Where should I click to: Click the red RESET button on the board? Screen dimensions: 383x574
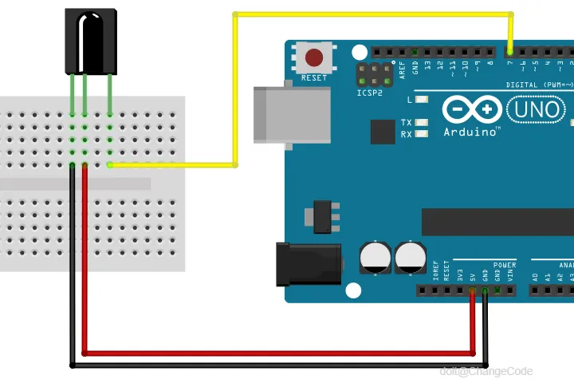tap(314, 57)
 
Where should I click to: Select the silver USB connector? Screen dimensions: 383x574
tap(291, 115)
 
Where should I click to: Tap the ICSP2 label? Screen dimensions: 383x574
tap(369, 93)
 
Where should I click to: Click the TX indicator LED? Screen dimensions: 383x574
tap(423, 123)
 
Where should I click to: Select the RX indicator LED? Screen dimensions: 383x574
tap(423, 134)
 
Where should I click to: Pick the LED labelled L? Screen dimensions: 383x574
tap(423, 100)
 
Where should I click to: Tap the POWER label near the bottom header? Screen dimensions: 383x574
tap(505, 264)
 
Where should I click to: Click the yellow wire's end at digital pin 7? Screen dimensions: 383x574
tap(511, 50)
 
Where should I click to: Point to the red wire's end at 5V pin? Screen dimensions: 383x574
tap(473, 290)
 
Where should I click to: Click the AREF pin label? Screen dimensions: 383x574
tap(403, 69)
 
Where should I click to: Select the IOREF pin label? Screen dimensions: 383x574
tap(435, 271)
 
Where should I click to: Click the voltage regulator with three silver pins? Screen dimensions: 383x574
tap(322, 216)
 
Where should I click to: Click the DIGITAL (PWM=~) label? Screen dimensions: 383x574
tap(538, 84)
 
